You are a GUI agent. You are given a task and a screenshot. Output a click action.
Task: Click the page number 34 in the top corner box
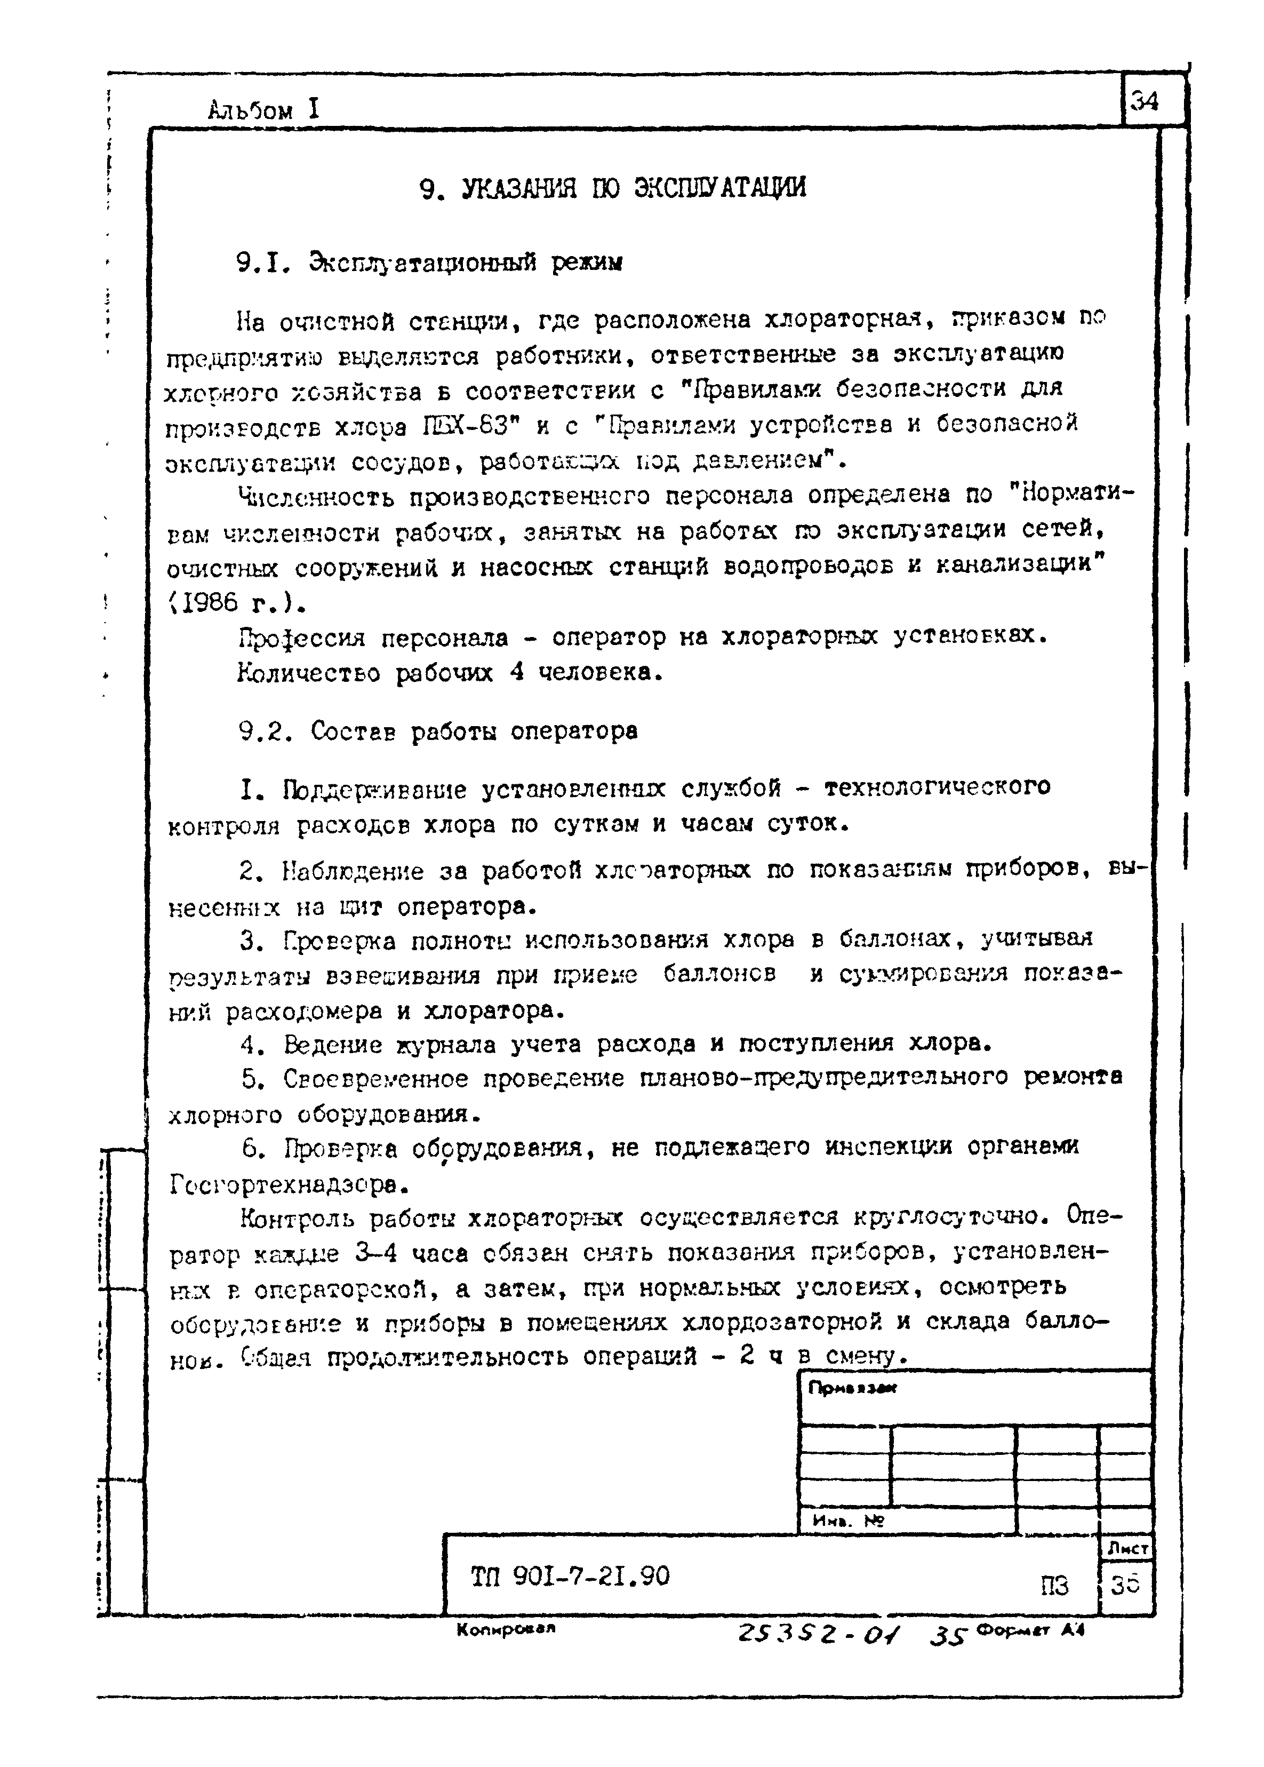tap(1145, 102)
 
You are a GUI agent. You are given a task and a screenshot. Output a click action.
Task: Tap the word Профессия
tap(301, 638)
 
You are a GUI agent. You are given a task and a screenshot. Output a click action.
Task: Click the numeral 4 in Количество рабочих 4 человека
tap(516, 672)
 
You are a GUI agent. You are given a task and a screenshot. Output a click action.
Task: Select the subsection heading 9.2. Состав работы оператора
tap(438, 731)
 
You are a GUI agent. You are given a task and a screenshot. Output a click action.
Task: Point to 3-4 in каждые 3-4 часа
tap(378, 1254)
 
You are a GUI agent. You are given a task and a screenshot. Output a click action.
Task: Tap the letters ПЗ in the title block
tap(1054, 1586)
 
